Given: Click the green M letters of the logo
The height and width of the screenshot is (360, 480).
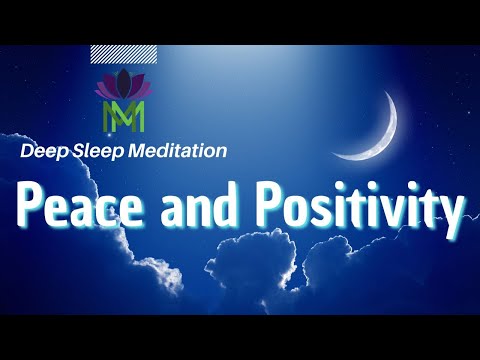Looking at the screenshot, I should tap(124, 115).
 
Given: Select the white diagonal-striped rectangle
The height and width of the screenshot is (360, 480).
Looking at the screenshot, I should tap(122, 54).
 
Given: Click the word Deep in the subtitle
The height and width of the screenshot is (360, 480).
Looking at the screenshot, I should tap(41, 152).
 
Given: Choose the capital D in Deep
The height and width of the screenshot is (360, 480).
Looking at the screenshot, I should tap(27, 152).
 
